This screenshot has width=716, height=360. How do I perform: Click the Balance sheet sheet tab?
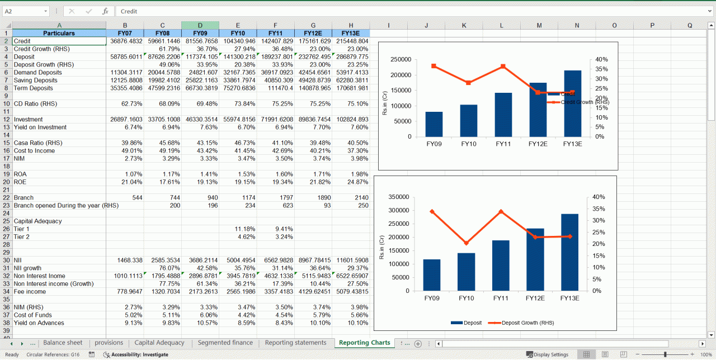point(63,343)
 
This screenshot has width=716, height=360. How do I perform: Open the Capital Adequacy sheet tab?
point(159,343)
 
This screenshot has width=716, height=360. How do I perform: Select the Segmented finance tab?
point(225,343)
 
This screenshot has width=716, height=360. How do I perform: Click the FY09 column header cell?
point(200,33)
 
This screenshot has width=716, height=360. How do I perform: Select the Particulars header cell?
point(59,33)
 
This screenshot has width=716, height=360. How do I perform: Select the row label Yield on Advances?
point(39,323)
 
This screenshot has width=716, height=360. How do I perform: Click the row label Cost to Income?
point(34,151)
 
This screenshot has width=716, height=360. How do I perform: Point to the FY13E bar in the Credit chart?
point(572,103)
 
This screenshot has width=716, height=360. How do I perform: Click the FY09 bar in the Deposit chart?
point(432,275)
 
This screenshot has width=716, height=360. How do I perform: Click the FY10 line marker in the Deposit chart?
point(467,243)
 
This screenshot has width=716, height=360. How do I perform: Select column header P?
point(652,25)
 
